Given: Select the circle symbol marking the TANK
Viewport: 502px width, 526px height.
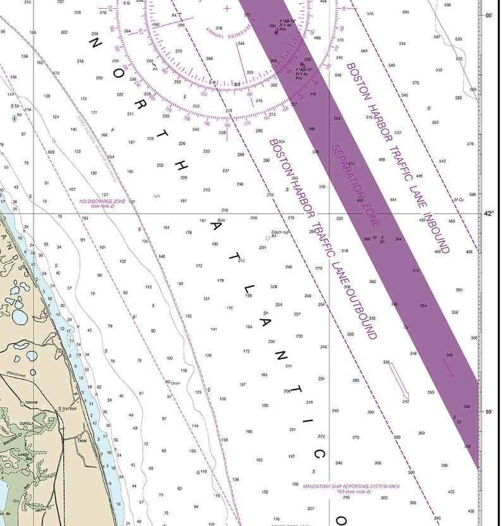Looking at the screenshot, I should (x=78, y=437).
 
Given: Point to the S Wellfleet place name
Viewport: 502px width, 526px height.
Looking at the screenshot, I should (x=68, y=408).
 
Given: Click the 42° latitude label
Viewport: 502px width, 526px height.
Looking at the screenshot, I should (x=489, y=214).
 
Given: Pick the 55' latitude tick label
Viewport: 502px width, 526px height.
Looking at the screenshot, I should (x=489, y=412).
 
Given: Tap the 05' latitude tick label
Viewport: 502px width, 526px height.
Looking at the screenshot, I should (x=489, y=15).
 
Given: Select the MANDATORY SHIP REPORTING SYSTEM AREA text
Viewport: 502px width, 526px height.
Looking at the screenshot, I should (x=351, y=486).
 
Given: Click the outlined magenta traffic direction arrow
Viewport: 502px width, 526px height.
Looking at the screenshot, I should (x=398, y=382).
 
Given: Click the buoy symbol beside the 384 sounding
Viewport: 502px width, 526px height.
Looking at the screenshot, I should (x=276, y=32).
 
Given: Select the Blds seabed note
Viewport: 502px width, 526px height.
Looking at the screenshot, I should (x=221, y=221).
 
